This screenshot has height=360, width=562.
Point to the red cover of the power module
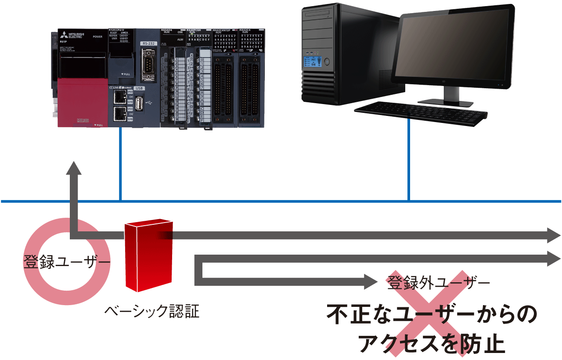tap(83, 102)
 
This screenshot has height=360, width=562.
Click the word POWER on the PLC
tap(98, 37)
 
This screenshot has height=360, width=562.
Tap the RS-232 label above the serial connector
tap(148, 43)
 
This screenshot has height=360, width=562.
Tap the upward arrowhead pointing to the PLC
tap(74, 169)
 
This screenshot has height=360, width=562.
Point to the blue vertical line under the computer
tap(409, 162)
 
